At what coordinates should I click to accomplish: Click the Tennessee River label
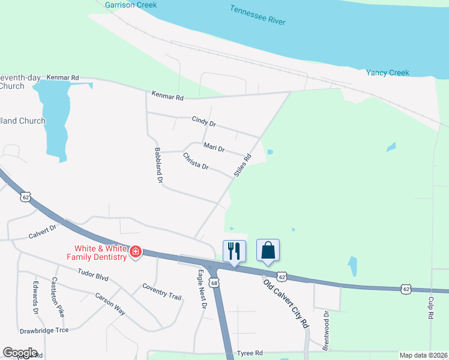[258, 16]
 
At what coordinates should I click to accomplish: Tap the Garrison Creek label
[130, 5]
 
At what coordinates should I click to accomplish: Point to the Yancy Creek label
[387, 73]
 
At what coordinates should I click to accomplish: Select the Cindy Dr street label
[203, 122]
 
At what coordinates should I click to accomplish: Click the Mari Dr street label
[214, 147]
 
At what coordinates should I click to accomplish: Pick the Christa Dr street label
[196, 161]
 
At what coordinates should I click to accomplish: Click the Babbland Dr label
[159, 165]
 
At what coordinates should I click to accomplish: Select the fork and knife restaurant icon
[234, 250]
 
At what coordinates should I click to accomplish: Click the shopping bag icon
[268, 250]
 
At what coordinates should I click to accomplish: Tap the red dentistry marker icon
[136, 251]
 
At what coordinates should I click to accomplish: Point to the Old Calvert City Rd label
[286, 302]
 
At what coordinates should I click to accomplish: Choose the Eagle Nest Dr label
[202, 289]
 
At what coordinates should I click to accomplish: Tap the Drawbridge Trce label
[44, 330]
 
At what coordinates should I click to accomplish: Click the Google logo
[20, 353]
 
